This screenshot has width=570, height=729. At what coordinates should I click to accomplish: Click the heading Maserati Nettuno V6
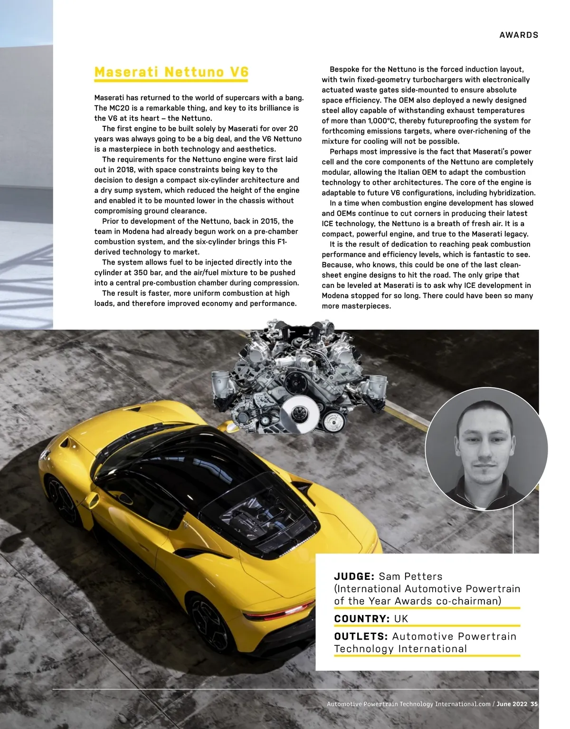pos(171,72)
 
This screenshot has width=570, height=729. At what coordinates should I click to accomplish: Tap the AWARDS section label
pos(519,35)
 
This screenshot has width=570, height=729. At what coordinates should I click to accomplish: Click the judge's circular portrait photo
pos(486,449)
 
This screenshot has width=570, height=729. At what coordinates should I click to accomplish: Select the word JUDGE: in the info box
pos(354,577)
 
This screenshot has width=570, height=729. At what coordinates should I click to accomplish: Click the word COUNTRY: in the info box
pos(362,619)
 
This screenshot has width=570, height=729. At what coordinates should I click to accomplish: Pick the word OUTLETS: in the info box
pos(361,636)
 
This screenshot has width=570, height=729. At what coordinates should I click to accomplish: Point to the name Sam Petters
pos(410,577)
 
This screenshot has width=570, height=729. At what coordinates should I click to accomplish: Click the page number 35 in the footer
pos(534,704)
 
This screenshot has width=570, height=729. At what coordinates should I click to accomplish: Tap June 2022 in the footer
pos(512,704)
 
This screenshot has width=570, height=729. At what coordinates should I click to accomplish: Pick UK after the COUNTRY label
pos(401,619)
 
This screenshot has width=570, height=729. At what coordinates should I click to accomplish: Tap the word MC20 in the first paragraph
pos(119,108)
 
